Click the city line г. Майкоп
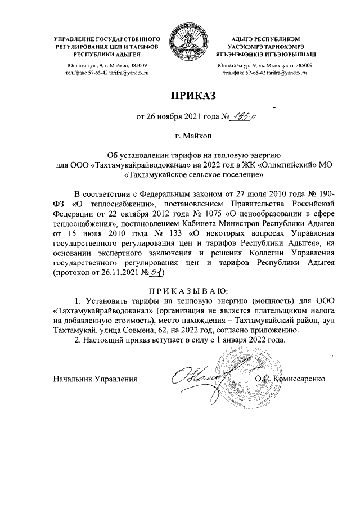coord(179,136)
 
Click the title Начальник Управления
coord(95,378)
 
